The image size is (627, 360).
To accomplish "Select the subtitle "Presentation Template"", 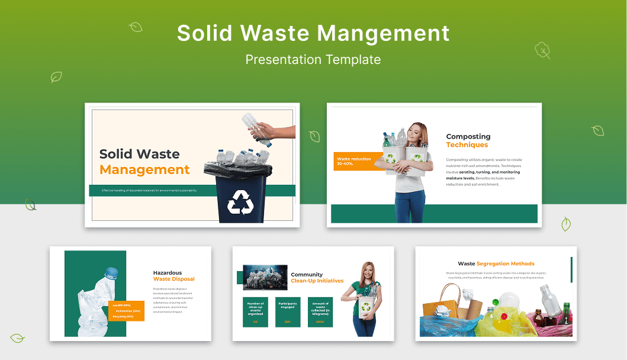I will (313, 59).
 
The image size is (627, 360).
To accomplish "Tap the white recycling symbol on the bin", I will (240, 202).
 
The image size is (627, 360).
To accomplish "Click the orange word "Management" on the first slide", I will (144, 170).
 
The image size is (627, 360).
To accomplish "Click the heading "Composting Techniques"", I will (468, 140).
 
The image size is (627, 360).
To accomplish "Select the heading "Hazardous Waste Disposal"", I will (173, 276).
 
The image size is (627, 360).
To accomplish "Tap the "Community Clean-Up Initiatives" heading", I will (317, 278).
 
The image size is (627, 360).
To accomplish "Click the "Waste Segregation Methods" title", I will (496, 263).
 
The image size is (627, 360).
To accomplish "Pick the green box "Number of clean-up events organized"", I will (255, 312).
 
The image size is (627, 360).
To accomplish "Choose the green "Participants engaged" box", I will (288, 312).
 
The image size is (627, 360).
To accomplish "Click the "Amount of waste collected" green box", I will (320, 312).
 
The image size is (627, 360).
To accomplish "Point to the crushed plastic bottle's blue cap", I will (111, 273).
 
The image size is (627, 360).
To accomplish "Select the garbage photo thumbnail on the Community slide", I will (265, 278).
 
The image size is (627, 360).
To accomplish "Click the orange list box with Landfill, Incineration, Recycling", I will (126, 311).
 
